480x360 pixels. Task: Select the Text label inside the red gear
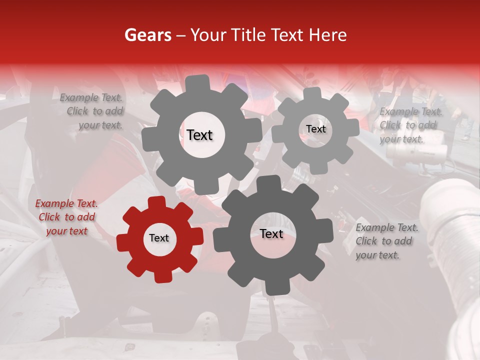tap(159, 238)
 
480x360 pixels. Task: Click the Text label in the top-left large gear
tap(199, 135)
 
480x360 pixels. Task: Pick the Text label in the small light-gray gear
tap(315, 129)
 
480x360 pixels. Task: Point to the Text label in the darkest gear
tap(271, 233)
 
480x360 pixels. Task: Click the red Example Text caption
tap(66, 217)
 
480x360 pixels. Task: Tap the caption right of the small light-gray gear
tap(410, 125)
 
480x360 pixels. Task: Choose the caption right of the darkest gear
tap(387, 241)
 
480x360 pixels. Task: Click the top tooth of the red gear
tap(156, 202)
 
